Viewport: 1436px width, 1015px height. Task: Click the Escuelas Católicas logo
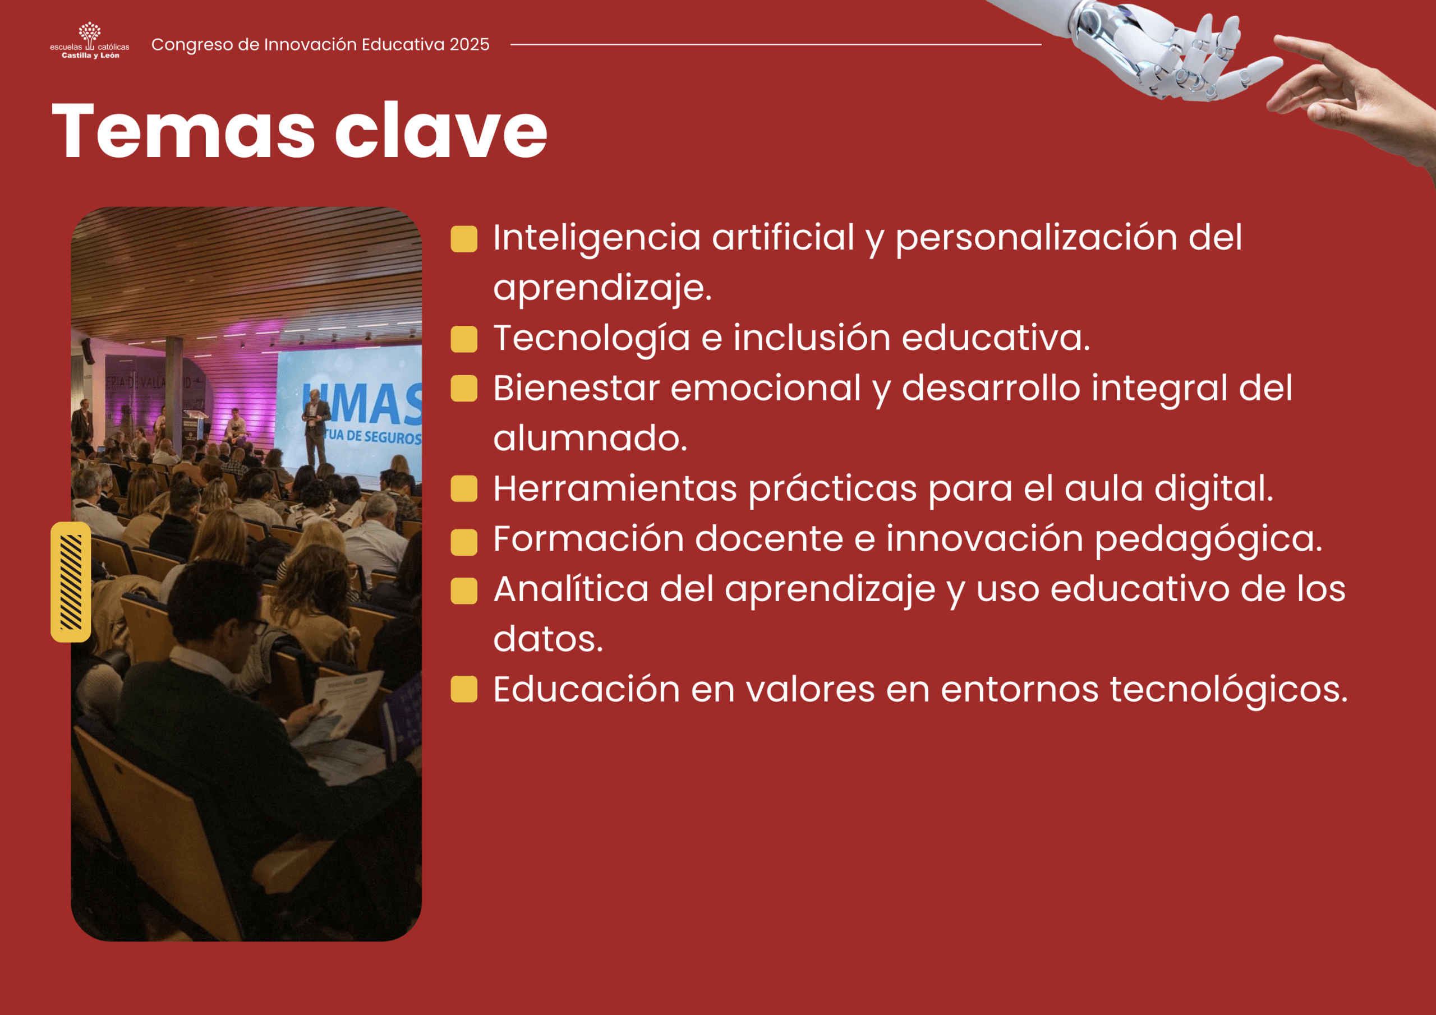[89, 40]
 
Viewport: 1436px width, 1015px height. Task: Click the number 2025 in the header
[469, 44]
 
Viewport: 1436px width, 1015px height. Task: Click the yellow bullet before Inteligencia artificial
[464, 239]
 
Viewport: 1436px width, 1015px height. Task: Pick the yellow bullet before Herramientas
[464, 489]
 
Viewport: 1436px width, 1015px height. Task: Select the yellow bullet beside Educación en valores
[464, 689]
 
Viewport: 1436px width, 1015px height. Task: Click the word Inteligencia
[597, 239]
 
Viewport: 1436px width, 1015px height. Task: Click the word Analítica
[571, 589]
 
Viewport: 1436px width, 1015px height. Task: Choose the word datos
[548, 639]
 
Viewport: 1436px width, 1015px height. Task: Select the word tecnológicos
[1228, 690]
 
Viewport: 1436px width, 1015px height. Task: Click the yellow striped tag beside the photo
[71, 582]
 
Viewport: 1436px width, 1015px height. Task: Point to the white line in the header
[776, 44]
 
